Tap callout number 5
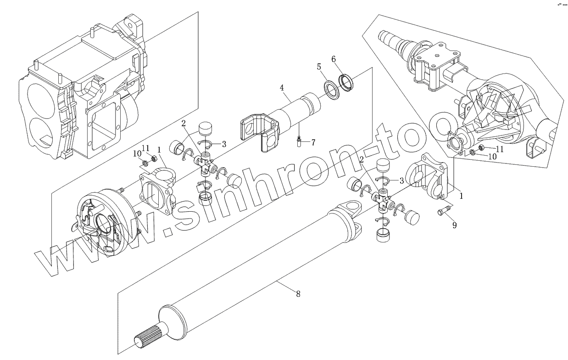[x=319, y=67]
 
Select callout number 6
[x=334, y=59]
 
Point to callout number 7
[x=313, y=142]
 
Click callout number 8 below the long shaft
[x=298, y=294]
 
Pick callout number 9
[x=454, y=225]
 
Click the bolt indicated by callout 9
[x=442, y=213]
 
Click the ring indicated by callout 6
[x=347, y=81]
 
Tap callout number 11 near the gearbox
[x=146, y=147]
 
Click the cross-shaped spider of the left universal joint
[x=205, y=165]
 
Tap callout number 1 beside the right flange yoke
[x=461, y=195]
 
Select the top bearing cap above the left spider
[x=206, y=128]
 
